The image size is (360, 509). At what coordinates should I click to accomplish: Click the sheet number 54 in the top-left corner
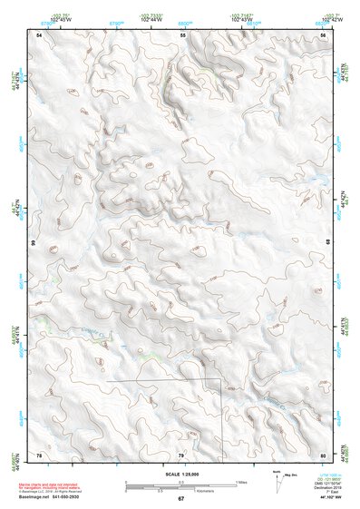[39, 34]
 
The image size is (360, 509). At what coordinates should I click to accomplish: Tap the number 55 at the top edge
[182, 34]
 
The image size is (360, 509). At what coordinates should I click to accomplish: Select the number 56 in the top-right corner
[323, 34]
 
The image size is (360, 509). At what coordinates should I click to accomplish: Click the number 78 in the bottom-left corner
[39, 454]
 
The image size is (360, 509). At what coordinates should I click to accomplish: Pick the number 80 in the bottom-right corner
[323, 454]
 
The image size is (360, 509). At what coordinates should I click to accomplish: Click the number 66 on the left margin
[34, 243]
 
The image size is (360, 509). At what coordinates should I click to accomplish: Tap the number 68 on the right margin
[328, 243]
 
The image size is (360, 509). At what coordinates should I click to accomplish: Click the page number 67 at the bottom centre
[180, 499]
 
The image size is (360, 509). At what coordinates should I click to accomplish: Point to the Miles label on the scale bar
[240, 481]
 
